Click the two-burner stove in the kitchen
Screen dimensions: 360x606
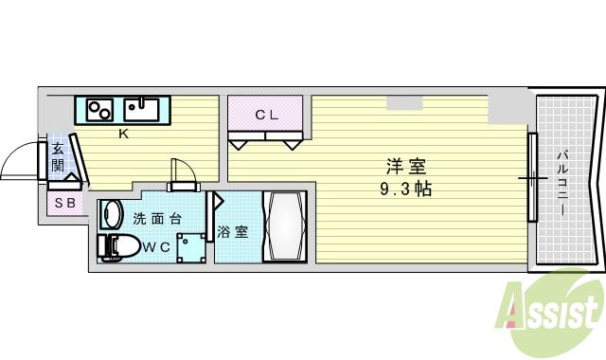[101, 110]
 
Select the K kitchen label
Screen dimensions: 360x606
[123, 134]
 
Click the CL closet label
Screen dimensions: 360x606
[266, 115]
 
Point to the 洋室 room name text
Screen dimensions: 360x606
[402, 165]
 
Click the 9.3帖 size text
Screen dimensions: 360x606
[402, 189]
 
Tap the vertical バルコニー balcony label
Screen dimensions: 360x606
[562, 180]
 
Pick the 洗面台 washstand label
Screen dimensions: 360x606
[157, 219]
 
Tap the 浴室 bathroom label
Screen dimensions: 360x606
[233, 230]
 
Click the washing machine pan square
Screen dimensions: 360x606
[192, 246]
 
